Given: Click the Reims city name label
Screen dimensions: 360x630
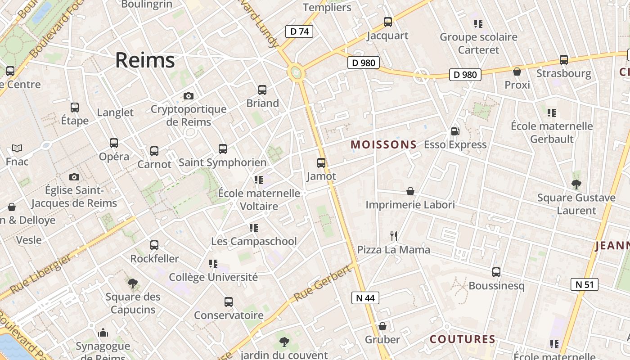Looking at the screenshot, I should tap(145, 60).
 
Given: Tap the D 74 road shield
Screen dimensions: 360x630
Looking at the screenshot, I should tap(299, 31).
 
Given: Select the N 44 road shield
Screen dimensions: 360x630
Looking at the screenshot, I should tap(365, 298).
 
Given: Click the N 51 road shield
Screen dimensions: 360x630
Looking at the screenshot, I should tap(585, 284).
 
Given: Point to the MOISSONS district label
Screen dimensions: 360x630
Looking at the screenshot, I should tap(383, 144).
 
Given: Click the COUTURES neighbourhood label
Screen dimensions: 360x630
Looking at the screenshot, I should tap(463, 339).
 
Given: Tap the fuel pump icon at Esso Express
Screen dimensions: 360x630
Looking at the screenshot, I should tap(455, 131).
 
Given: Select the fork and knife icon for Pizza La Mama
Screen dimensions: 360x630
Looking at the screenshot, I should tap(394, 236).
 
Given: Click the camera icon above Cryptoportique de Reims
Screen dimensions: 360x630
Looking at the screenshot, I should tap(189, 96).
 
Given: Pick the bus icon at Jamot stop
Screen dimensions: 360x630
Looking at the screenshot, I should tap(321, 163).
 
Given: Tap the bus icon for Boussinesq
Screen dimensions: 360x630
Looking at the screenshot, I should tap(496, 272).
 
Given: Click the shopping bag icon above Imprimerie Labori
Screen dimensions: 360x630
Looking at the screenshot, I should tap(410, 191).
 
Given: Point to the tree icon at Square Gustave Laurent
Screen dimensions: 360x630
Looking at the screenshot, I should tap(576, 184).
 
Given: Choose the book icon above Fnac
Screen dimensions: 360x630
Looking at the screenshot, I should tap(17, 148).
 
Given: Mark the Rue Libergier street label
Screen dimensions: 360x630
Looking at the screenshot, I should tap(40, 274).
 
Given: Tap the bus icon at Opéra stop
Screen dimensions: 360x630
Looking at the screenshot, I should tap(114, 143).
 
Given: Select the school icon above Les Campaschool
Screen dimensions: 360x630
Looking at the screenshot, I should tap(254, 228).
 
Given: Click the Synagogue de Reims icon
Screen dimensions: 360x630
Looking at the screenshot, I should tap(103, 333).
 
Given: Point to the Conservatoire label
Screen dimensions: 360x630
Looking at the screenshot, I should tap(228, 315).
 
